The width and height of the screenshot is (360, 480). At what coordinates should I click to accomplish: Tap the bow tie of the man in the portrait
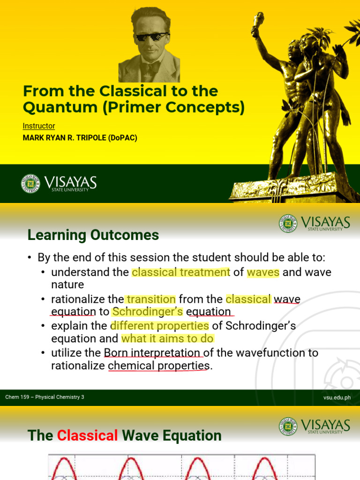click(151, 68)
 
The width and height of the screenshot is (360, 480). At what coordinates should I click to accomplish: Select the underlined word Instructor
click(39, 126)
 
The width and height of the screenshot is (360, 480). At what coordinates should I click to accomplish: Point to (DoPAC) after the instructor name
click(124, 138)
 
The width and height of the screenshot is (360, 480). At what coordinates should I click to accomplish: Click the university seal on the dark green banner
click(30, 183)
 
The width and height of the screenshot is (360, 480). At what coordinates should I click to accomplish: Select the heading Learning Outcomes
click(93, 235)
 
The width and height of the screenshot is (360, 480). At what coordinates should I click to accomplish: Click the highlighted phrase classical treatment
click(181, 272)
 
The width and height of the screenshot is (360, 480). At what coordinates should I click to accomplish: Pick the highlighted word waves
click(263, 272)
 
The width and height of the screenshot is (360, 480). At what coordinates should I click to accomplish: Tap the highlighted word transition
click(150, 299)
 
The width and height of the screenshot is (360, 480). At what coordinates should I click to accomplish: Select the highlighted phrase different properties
click(159, 325)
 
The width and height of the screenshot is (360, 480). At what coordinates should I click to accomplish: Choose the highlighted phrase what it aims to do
click(167, 338)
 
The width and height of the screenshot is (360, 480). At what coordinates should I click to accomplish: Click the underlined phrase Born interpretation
click(152, 352)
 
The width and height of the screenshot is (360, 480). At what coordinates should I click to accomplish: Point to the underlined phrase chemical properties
click(158, 366)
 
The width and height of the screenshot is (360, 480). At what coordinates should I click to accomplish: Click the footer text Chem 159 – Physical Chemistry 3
click(45, 397)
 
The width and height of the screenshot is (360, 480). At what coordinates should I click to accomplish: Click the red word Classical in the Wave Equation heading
click(87, 435)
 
